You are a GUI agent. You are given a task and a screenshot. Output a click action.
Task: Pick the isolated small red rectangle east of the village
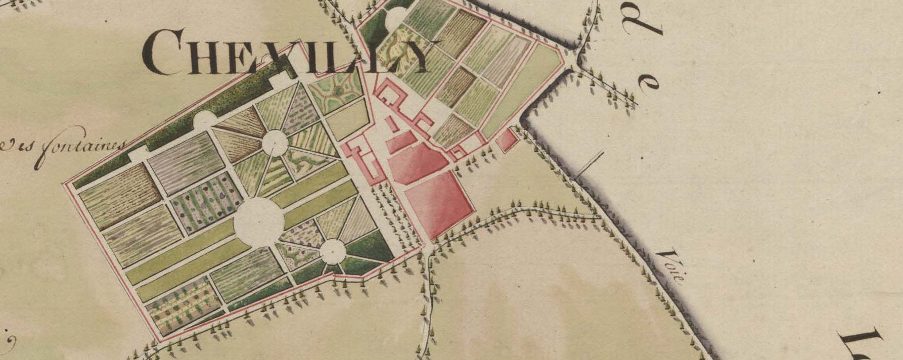click(x=507, y=140)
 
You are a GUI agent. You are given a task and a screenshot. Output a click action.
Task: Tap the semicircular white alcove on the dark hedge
click(x=205, y=120)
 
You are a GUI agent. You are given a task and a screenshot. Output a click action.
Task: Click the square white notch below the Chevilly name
click(x=279, y=80)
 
